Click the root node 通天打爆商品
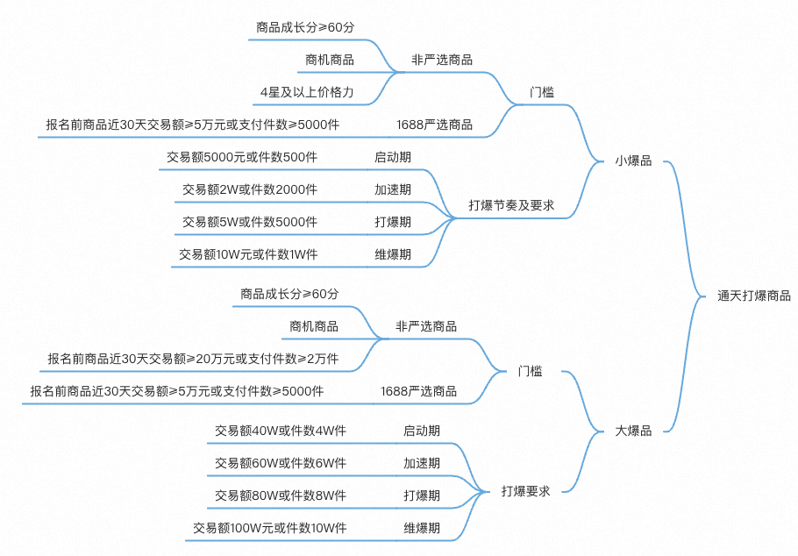pyautogui.click(x=753, y=296)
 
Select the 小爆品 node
pyautogui.click(x=633, y=161)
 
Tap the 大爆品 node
pyautogui.click(x=633, y=431)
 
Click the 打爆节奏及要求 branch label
pyautogui.click(x=511, y=206)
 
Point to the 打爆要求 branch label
pyautogui.click(x=525, y=491)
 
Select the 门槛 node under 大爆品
pyautogui.click(x=530, y=372)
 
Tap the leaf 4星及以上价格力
pyautogui.click(x=307, y=92)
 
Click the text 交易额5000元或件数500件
pyautogui.click(x=242, y=158)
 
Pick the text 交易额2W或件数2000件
pyautogui.click(x=250, y=190)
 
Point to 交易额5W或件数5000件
pyautogui.click(x=250, y=222)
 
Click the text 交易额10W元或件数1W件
pyautogui.click(x=248, y=254)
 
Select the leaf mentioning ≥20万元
pyautogui.click(x=193, y=359)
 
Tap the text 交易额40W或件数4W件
pyautogui.click(x=281, y=431)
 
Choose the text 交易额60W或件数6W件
pyautogui.click(x=281, y=463)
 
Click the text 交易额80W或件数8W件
pyautogui.click(x=281, y=495)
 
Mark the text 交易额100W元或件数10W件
pyautogui.click(x=270, y=528)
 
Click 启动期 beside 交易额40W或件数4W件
pyautogui.click(x=422, y=431)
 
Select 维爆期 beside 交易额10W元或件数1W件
pyautogui.click(x=393, y=254)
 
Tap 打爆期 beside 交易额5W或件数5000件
pyautogui.click(x=393, y=222)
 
